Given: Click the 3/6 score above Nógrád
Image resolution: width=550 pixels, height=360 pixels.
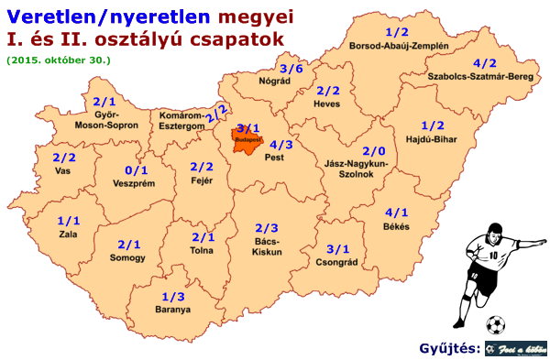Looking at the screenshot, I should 291,69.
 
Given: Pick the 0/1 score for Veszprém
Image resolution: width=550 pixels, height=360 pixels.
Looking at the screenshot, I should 135,169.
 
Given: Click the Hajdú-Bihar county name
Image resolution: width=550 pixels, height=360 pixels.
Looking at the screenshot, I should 432,140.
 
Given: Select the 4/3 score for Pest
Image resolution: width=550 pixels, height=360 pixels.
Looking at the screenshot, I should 281,145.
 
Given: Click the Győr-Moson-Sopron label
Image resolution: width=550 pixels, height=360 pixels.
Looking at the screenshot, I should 105,119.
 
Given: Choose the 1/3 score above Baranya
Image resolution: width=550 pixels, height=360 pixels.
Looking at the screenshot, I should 172,297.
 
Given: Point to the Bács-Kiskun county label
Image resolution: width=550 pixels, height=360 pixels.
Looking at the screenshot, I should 267,245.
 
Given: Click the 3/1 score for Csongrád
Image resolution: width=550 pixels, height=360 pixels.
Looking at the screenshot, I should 338,249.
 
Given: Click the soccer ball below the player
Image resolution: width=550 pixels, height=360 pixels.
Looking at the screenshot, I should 495,323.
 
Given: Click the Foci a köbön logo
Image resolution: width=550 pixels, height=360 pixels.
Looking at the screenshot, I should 516,350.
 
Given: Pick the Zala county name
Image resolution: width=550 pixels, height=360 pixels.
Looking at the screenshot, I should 68,235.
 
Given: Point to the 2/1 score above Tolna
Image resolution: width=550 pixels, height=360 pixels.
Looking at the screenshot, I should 203,237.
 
